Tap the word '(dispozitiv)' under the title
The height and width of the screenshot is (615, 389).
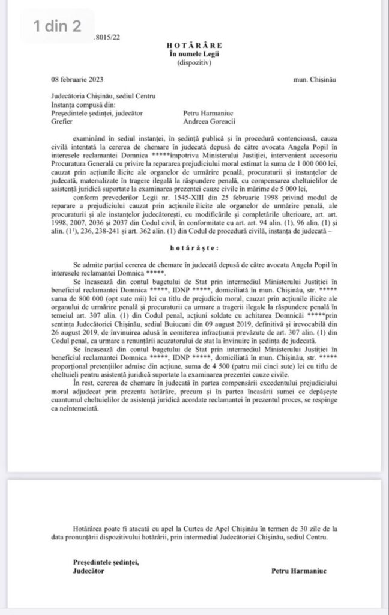[x=194, y=62]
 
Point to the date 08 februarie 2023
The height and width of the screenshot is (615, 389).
[x=76, y=79]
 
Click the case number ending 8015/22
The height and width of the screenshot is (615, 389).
[x=107, y=37]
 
